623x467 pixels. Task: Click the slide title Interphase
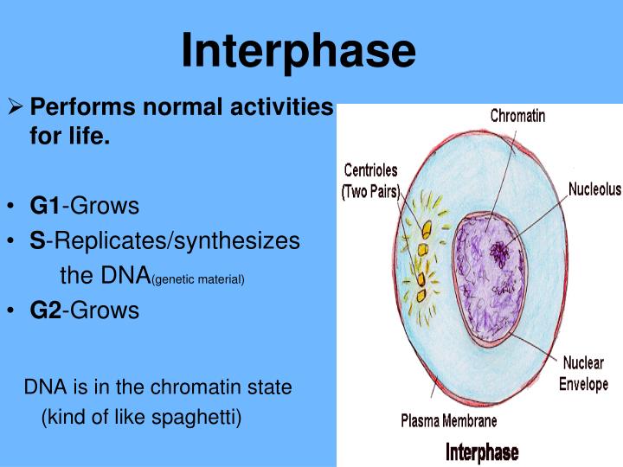coord(299,51)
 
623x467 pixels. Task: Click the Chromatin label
coord(517,115)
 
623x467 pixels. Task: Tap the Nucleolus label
coord(594,189)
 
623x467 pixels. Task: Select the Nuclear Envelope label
coord(585,373)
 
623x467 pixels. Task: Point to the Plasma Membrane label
coord(448,421)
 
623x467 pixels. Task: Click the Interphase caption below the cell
coord(482,451)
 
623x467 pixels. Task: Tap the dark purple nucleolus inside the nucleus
coord(499,252)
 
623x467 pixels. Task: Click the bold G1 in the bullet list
coord(44,206)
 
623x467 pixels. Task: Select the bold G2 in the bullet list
coord(44,310)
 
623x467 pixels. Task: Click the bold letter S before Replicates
coord(36,241)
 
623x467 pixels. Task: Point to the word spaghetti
coord(199,418)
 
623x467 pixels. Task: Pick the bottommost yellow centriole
coord(417,281)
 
